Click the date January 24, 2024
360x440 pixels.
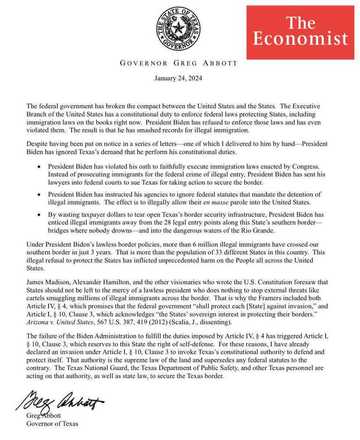[x=178, y=78]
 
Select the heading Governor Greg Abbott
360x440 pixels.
[x=178, y=63]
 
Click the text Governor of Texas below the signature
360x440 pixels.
[x=52, y=423]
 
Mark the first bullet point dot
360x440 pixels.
[x=39, y=167]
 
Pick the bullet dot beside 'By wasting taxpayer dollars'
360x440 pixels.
[x=39, y=215]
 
